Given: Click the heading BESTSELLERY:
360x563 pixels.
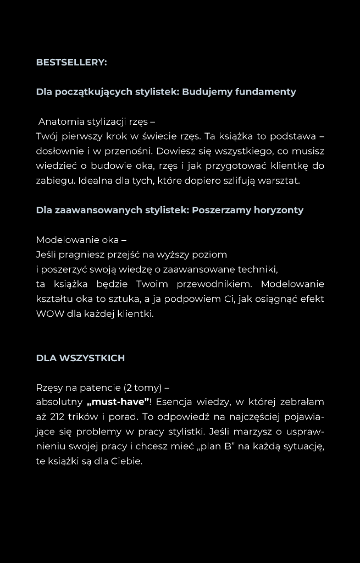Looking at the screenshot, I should [x=71, y=62].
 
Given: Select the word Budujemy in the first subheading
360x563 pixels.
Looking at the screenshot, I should [x=207, y=92].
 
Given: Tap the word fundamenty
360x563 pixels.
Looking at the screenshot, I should [x=265, y=92].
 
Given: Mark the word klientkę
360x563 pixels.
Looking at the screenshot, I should [x=287, y=166].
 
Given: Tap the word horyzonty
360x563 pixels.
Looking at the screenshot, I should [x=279, y=210].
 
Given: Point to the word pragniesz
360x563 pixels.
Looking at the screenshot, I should [x=82, y=255].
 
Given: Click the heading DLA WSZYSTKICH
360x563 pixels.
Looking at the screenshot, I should [x=80, y=358].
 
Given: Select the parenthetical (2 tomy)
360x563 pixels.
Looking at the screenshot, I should [x=143, y=388].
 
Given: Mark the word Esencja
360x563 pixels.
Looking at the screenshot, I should [x=175, y=402].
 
